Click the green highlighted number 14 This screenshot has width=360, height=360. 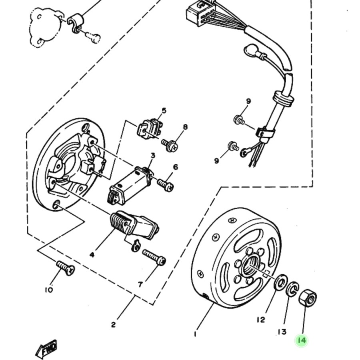pos(302,340)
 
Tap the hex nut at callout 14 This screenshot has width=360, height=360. pos(308,298)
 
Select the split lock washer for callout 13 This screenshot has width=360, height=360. pos(292,288)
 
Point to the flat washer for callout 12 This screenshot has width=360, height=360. pos(280,282)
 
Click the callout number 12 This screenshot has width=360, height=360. pos(261,320)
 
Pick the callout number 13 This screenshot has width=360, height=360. pos(282,332)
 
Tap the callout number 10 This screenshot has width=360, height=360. pos(49,290)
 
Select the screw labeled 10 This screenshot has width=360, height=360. pos(66,268)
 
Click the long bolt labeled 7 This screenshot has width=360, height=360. pos(154,258)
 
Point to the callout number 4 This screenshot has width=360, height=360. pos(92,255)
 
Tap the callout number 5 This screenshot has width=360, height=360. pos(164,110)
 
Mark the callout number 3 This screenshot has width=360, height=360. pos(153,156)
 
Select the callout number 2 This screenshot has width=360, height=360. pos(114,325)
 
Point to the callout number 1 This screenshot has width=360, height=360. pos(195,334)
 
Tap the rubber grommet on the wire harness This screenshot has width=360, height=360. pos(284,98)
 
